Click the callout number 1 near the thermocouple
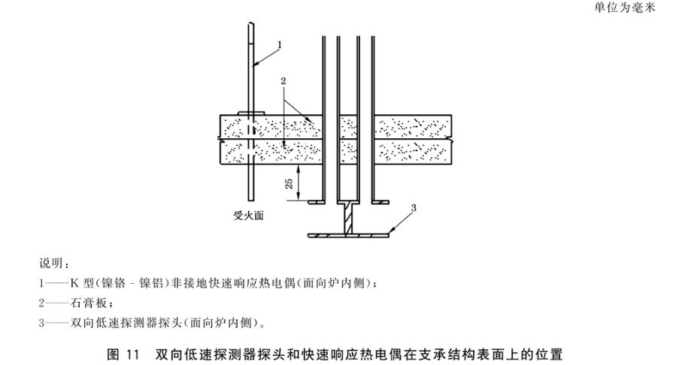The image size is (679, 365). tap(280, 45)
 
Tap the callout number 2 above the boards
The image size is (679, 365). tap(283, 81)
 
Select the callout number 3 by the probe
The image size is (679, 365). tap(414, 208)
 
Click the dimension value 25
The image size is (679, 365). tap(289, 183)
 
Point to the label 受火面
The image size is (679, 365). tap(249, 216)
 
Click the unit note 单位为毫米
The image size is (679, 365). tap(625, 8)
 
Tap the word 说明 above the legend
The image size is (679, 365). tap(52, 264)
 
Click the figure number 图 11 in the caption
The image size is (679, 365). tap(123, 354)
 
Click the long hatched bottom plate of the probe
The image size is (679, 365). tap(349, 235)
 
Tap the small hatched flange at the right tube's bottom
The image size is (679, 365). tap(380, 202)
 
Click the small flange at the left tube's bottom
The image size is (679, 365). tap(317, 202)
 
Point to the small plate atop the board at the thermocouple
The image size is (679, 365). tap(250, 113)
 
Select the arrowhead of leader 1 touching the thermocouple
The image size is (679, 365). tap(255, 65)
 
